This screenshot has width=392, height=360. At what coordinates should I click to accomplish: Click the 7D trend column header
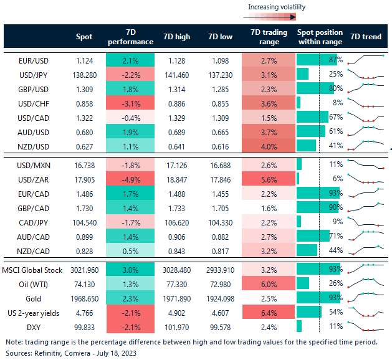click(366, 37)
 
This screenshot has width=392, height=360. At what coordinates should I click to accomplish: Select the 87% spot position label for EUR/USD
click(336, 60)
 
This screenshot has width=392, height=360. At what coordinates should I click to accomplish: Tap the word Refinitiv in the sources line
click(47, 353)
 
